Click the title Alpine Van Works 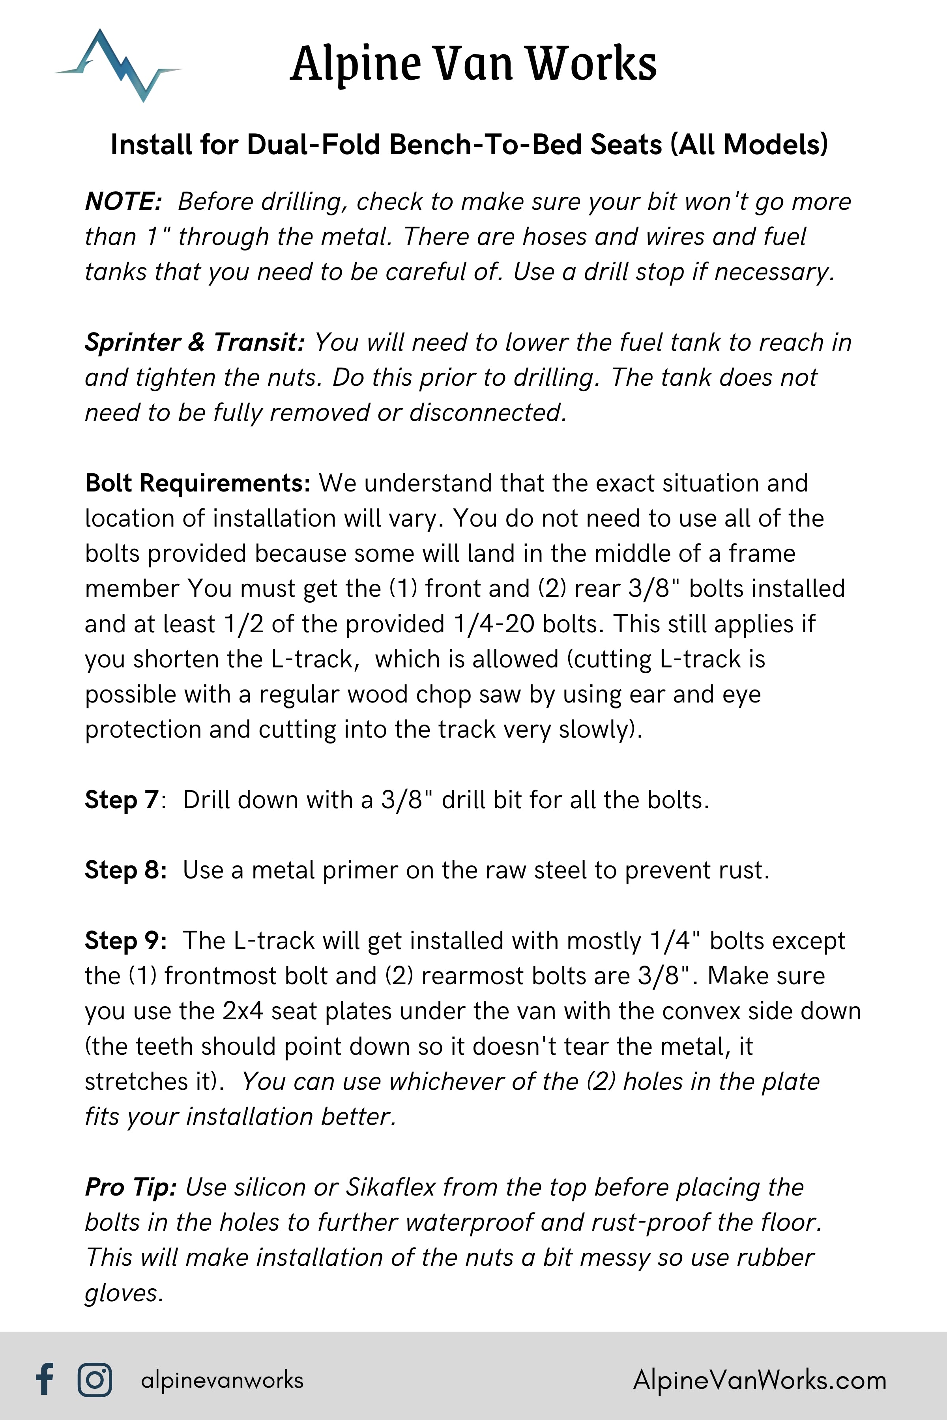click(473, 64)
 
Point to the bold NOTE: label click(123, 202)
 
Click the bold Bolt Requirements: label click(198, 483)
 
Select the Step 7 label click(122, 800)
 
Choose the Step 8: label click(125, 870)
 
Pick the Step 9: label click(125, 941)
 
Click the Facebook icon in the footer click(45, 1379)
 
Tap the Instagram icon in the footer click(95, 1379)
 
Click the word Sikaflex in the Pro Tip click(391, 1187)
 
